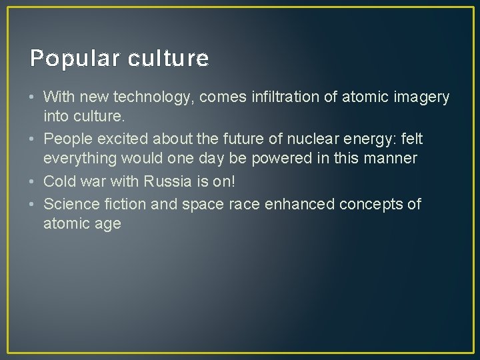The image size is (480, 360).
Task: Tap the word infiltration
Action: click(x=291, y=97)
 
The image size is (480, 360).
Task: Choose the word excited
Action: click(x=122, y=139)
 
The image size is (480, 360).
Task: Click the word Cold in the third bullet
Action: click(x=59, y=182)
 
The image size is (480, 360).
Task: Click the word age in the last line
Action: click(x=107, y=224)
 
